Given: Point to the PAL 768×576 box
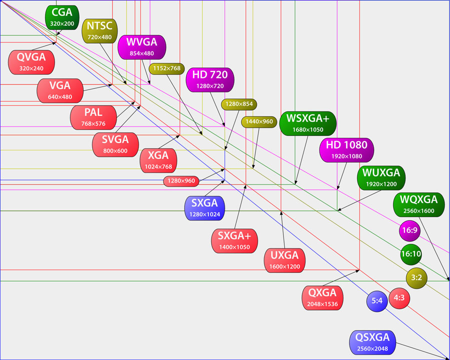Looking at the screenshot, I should coord(93,117).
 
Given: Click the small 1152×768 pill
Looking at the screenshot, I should coord(166,69).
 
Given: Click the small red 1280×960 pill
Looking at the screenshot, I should coord(181,180).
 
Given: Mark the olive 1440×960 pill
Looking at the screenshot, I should coord(258,121).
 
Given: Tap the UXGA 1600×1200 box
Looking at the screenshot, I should coord(285,260).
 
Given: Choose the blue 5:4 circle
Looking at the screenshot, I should coord(377,301).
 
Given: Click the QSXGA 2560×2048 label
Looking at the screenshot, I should coord(372,342).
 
